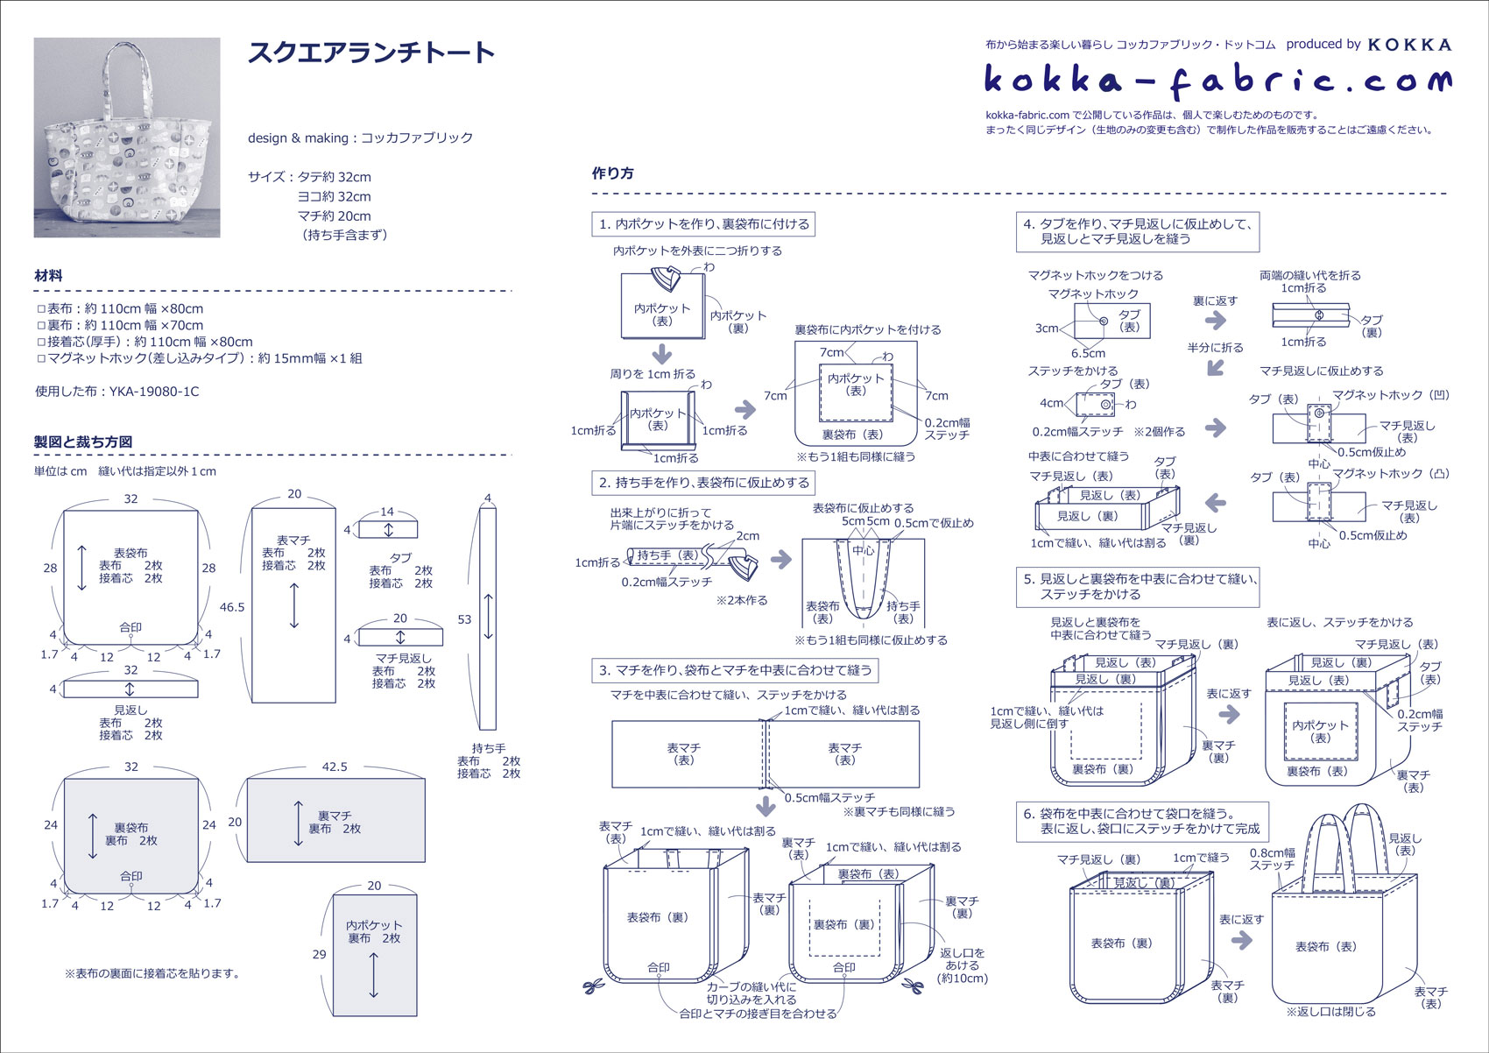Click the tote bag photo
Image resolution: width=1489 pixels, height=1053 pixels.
point(127,138)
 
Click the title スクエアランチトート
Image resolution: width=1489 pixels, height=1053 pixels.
point(371,53)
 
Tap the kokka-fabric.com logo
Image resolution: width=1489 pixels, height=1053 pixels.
point(1217,81)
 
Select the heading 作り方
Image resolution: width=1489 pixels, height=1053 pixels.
point(613,173)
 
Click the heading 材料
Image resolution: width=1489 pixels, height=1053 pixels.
point(48,275)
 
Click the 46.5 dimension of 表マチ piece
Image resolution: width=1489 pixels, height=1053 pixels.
point(232,607)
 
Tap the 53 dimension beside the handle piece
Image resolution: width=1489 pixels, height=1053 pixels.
point(464,619)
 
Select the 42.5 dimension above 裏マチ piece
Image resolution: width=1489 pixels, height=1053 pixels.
point(335,767)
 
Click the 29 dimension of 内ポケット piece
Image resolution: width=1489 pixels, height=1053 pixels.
point(319,954)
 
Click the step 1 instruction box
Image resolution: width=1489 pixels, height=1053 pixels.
point(704,224)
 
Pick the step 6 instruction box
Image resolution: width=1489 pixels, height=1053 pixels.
point(1142,821)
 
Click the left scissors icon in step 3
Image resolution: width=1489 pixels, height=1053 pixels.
point(593,986)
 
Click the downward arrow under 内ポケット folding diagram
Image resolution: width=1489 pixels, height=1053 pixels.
point(662,354)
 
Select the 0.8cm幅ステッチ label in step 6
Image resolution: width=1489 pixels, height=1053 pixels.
point(1272,859)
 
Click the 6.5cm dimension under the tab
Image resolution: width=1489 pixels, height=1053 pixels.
point(1088,353)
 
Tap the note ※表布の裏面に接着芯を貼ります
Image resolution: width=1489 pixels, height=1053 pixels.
point(152,972)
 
